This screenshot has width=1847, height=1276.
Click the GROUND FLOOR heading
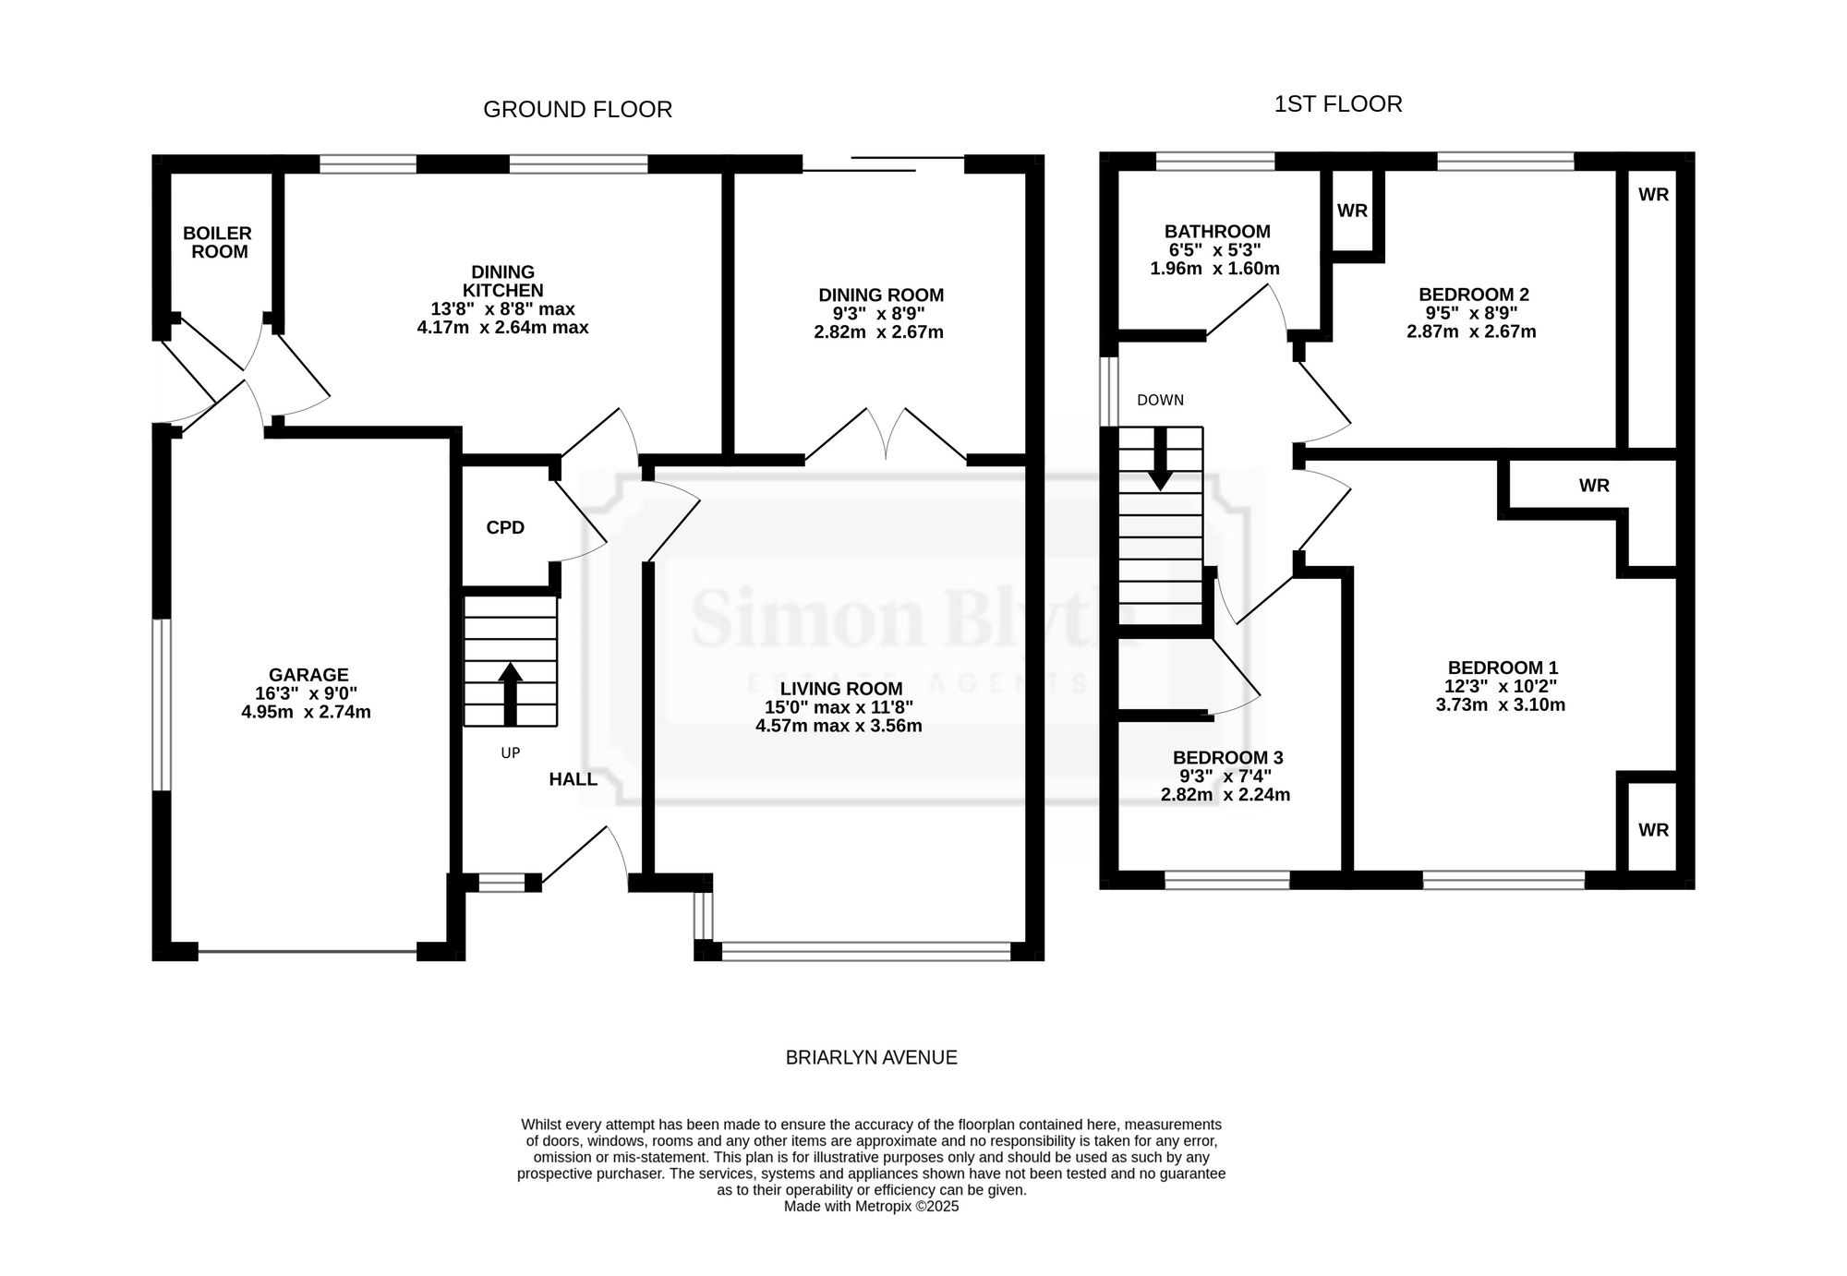(x=577, y=110)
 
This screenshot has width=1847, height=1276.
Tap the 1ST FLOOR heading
(x=1338, y=104)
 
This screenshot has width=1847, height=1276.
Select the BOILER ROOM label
(x=218, y=243)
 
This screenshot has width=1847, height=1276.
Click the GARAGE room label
(x=308, y=675)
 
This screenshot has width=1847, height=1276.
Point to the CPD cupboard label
(x=505, y=527)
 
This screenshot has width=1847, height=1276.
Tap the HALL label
(x=573, y=779)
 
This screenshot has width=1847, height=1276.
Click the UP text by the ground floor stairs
(x=511, y=753)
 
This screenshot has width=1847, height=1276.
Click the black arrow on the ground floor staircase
(x=511, y=693)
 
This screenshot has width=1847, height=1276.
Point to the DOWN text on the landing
(x=1160, y=401)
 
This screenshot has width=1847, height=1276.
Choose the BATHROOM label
(x=1217, y=232)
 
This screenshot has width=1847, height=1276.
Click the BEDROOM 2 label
(x=1474, y=295)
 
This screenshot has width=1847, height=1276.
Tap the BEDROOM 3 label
(x=1228, y=758)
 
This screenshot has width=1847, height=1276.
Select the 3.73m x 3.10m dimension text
(x=1501, y=705)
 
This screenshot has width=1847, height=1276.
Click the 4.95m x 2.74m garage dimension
(x=306, y=712)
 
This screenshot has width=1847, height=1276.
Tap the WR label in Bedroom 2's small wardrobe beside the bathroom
(x=1352, y=211)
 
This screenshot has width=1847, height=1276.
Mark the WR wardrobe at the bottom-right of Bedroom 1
(x=1653, y=830)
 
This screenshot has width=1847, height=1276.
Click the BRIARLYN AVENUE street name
(x=871, y=1058)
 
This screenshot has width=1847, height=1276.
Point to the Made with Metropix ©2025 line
(x=871, y=1207)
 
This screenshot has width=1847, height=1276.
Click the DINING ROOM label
(x=881, y=295)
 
